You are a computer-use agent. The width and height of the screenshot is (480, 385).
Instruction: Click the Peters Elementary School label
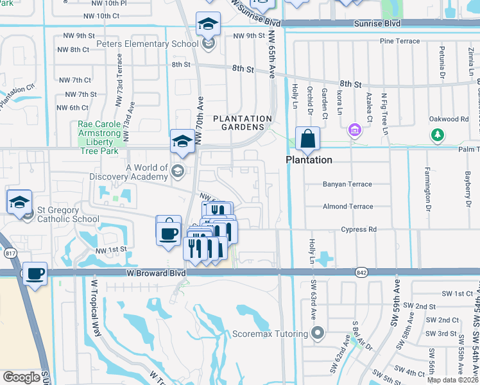tap(147, 44)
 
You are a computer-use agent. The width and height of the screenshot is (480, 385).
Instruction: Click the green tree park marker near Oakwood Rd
tap(438, 135)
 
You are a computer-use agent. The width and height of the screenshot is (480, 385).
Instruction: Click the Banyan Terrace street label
tap(347, 184)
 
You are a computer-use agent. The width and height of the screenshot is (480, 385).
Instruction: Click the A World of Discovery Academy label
tap(147, 173)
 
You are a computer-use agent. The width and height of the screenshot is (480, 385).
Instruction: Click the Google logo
tap(21, 377)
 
